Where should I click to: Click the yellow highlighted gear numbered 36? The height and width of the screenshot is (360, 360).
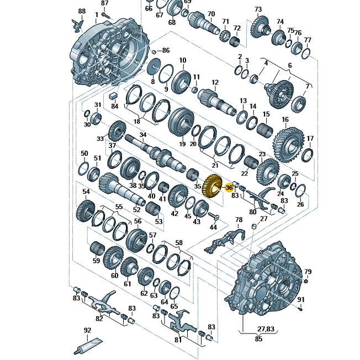tap(212, 186)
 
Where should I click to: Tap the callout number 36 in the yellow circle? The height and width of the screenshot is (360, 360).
tap(229, 188)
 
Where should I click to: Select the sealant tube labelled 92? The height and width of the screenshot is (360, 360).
tap(88, 346)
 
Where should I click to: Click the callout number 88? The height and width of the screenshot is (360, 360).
tap(82, 11)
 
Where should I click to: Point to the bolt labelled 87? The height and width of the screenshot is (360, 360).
tap(106, 15)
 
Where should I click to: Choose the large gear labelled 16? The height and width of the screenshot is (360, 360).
tap(289, 145)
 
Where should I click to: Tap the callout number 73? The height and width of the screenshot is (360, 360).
tap(258, 9)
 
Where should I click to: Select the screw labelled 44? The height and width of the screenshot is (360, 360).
tap(214, 216)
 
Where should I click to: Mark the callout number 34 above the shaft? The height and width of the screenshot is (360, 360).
tap(143, 135)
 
